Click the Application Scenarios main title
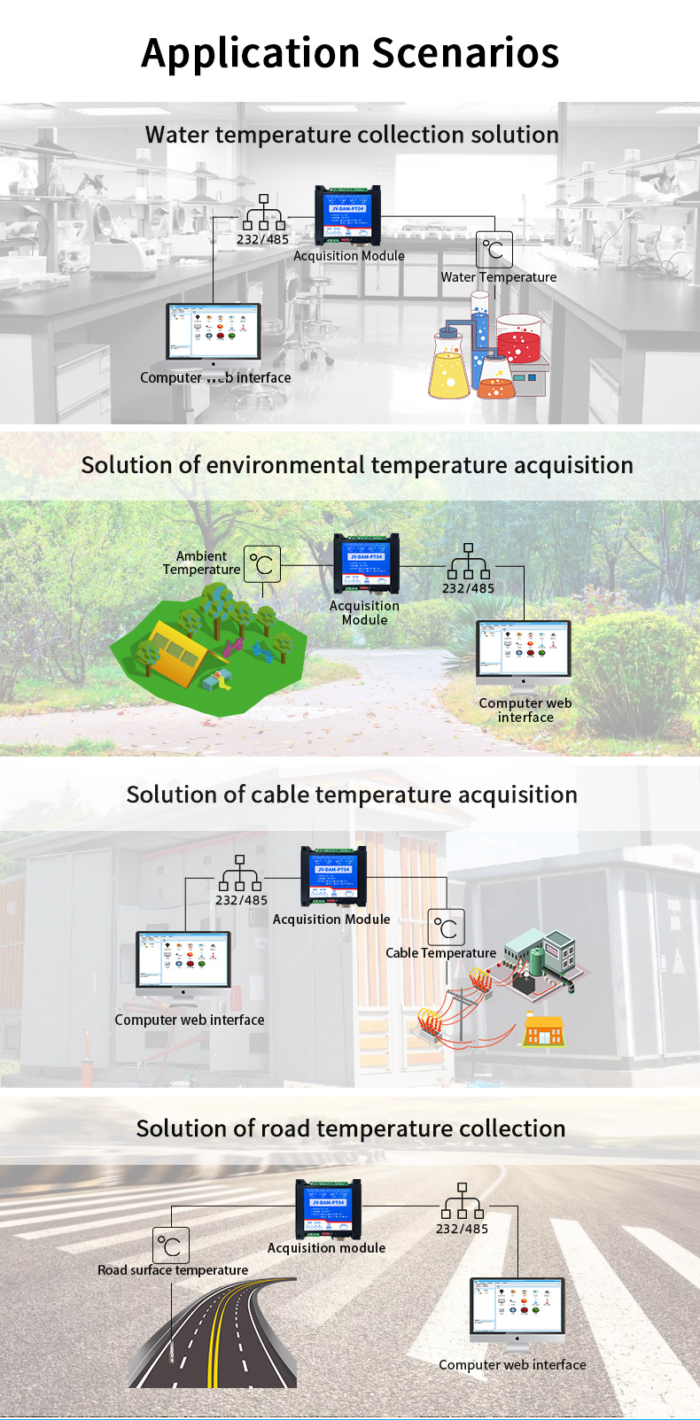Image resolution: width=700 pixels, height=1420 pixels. [x=350, y=53]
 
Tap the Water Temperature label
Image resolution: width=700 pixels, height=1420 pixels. [x=499, y=277]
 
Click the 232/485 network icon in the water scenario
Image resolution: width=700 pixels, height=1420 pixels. [x=263, y=213]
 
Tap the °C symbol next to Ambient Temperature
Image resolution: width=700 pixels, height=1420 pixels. [x=262, y=564]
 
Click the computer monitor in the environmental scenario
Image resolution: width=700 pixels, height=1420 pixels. [x=524, y=652]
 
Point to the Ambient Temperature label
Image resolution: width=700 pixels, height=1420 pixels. [x=202, y=563]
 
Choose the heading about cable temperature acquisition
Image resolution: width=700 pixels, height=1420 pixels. [x=352, y=795]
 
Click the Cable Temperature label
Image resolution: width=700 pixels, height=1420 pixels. [x=440, y=953]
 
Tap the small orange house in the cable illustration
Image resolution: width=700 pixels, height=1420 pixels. [x=543, y=1030]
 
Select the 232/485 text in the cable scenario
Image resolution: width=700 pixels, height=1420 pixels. [x=241, y=900]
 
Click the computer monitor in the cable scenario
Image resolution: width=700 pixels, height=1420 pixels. [x=183, y=960]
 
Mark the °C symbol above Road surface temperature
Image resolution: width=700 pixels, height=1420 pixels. [x=171, y=1245]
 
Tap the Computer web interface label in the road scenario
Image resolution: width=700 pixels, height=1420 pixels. [x=512, y=1365]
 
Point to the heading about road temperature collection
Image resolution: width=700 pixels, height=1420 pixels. [x=351, y=1129]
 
